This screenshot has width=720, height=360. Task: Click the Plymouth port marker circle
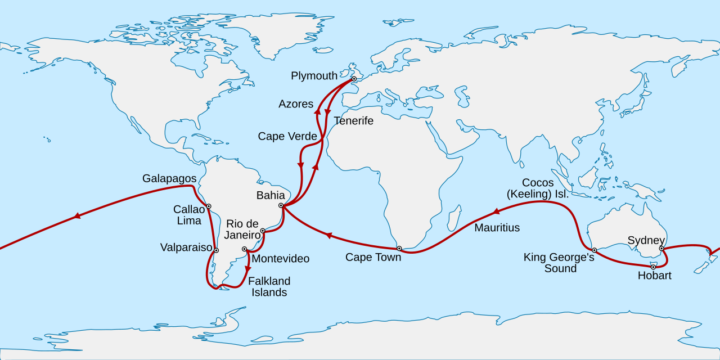[354, 79]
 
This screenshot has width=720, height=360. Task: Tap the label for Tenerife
[353, 121]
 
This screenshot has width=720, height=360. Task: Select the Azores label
[296, 104]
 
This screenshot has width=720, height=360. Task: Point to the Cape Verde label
[287, 136]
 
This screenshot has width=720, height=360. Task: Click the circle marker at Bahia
[281, 206]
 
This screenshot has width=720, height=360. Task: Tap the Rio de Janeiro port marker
[263, 231]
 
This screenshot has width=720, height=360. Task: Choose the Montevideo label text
[280, 259]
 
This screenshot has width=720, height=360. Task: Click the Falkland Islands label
[269, 286]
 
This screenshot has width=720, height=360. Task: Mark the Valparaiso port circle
[216, 250]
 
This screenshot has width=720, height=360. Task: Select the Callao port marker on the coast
[209, 206]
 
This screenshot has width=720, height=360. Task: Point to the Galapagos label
[169, 178]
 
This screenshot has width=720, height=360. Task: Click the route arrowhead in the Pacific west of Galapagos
[76, 217]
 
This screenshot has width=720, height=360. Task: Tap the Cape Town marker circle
[399, 248]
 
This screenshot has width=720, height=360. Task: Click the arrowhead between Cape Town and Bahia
[329, 236]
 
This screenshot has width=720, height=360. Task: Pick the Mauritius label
[497, 228]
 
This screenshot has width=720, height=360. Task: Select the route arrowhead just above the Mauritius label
[496, 213]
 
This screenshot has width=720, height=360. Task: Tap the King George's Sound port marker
[594, 250]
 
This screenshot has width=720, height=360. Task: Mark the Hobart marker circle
[653, 267]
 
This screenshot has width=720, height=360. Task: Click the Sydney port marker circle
[661, 248]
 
